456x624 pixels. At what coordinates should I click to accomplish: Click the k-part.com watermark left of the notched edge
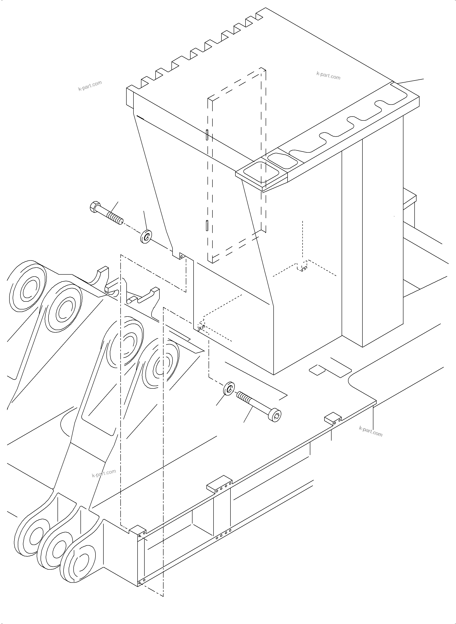click(90, 86)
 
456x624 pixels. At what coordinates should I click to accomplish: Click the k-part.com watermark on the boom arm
click(104, 473)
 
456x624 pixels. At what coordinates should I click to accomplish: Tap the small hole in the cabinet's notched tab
click(181, 256)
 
